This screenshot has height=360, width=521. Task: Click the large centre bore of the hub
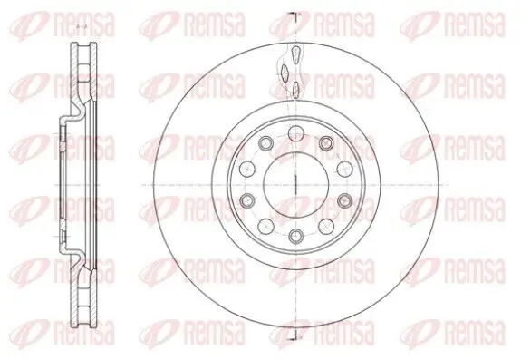(295, 183)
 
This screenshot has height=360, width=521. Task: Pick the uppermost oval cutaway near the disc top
(291, 54)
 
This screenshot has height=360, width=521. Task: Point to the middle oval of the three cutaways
(285, 71)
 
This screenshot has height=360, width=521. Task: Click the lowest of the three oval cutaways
(295, 87)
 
